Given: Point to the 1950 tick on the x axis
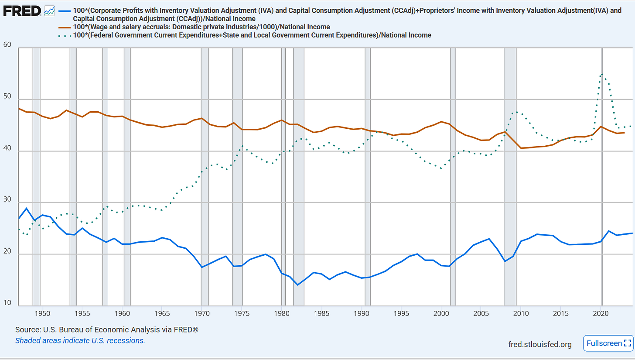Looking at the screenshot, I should click(x=42, y=313).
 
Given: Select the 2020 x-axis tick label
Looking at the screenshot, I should click(x=601, y=313).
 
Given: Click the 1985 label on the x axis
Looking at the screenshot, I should click(x=321, y=313).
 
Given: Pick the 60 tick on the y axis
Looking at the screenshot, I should click(x=8, y=45).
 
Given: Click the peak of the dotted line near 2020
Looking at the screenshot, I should click(x=602, y=74).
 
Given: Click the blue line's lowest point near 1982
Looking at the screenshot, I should click(x=297, y=285).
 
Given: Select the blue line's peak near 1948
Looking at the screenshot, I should click(x=26, y=208).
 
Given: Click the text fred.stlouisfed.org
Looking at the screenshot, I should click(x=539, y=345).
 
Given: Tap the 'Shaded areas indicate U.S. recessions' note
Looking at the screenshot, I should click(x=80, y=340).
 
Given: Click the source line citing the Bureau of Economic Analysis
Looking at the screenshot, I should click(x=107, y=329).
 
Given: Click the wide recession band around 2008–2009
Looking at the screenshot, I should click(x=510, y=175).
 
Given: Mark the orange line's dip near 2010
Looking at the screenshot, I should click(x=521, y=148).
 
